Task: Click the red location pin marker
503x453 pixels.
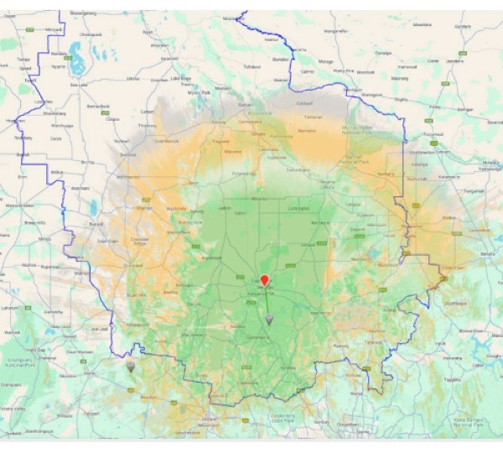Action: pos(264,281)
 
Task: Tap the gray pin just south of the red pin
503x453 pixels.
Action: pos(268,320)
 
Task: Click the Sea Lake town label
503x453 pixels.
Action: pos(79,84)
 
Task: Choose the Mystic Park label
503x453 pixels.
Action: pos(198,91)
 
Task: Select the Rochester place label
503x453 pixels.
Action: pos(319,222)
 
